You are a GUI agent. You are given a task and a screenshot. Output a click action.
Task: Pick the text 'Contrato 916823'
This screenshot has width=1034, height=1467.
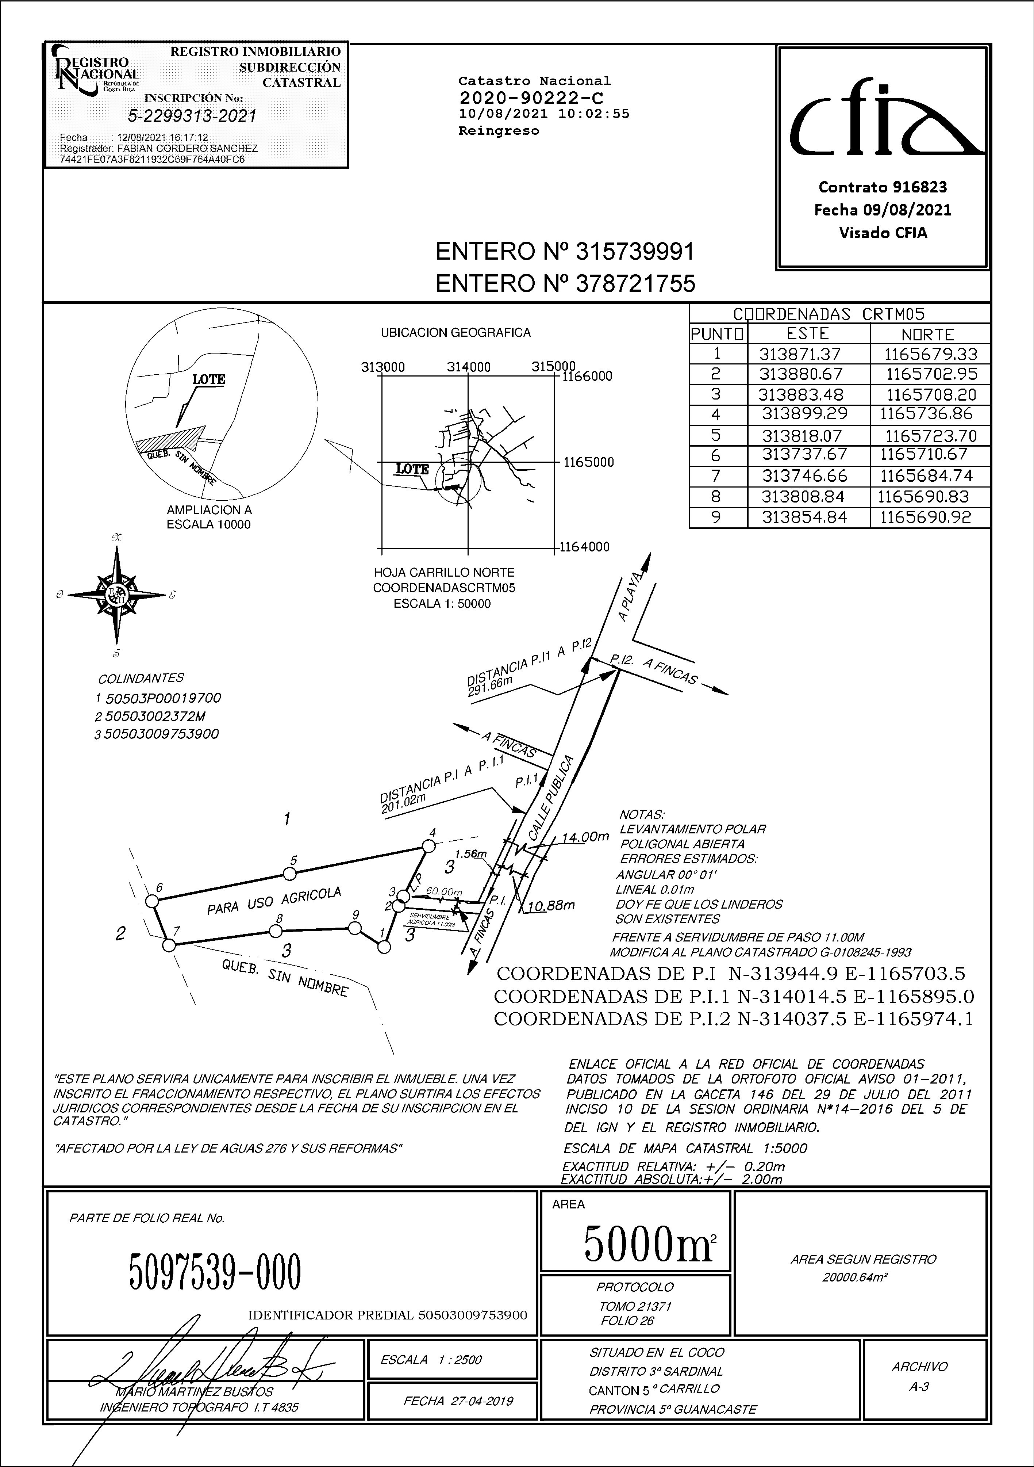[x=883, y=187]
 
